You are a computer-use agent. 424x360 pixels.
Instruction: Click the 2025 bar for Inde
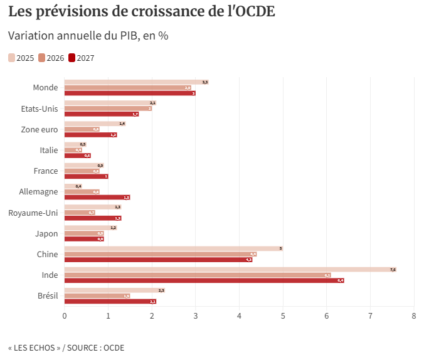[x=230, y=270]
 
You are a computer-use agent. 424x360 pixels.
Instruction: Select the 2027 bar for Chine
[x=158, y=260]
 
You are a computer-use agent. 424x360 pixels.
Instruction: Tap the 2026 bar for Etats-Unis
[x=108, y=109]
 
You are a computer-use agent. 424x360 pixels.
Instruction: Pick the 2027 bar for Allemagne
[x=97, y=198]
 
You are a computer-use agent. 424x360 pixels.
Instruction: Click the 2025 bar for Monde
[x=136, y=82]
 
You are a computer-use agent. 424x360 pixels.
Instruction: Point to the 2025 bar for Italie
[x=75, y=144]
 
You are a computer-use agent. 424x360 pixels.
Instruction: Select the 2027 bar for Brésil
[x=110, y=302]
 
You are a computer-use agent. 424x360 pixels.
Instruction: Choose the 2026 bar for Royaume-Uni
[x=80, y=213]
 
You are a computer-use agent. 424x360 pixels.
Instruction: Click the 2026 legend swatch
[x=41, y=58]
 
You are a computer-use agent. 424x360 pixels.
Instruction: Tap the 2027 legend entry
[x=81, y=58]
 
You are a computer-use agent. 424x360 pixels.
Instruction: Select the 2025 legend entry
[x=21, y=58]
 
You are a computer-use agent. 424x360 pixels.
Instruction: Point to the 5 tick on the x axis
[x=283, y=315]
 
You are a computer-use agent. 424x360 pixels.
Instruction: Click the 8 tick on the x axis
[x=414, y=315]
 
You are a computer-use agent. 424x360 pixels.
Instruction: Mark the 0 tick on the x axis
[x=65, y=315]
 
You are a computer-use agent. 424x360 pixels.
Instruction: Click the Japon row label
[x=46, y=234]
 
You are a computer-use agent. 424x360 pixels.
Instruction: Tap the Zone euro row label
[x=40, y=130]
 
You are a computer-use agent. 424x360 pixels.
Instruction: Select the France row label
[x=46, y=171]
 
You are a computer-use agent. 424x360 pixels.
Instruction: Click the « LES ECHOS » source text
[x=34, y=347]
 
